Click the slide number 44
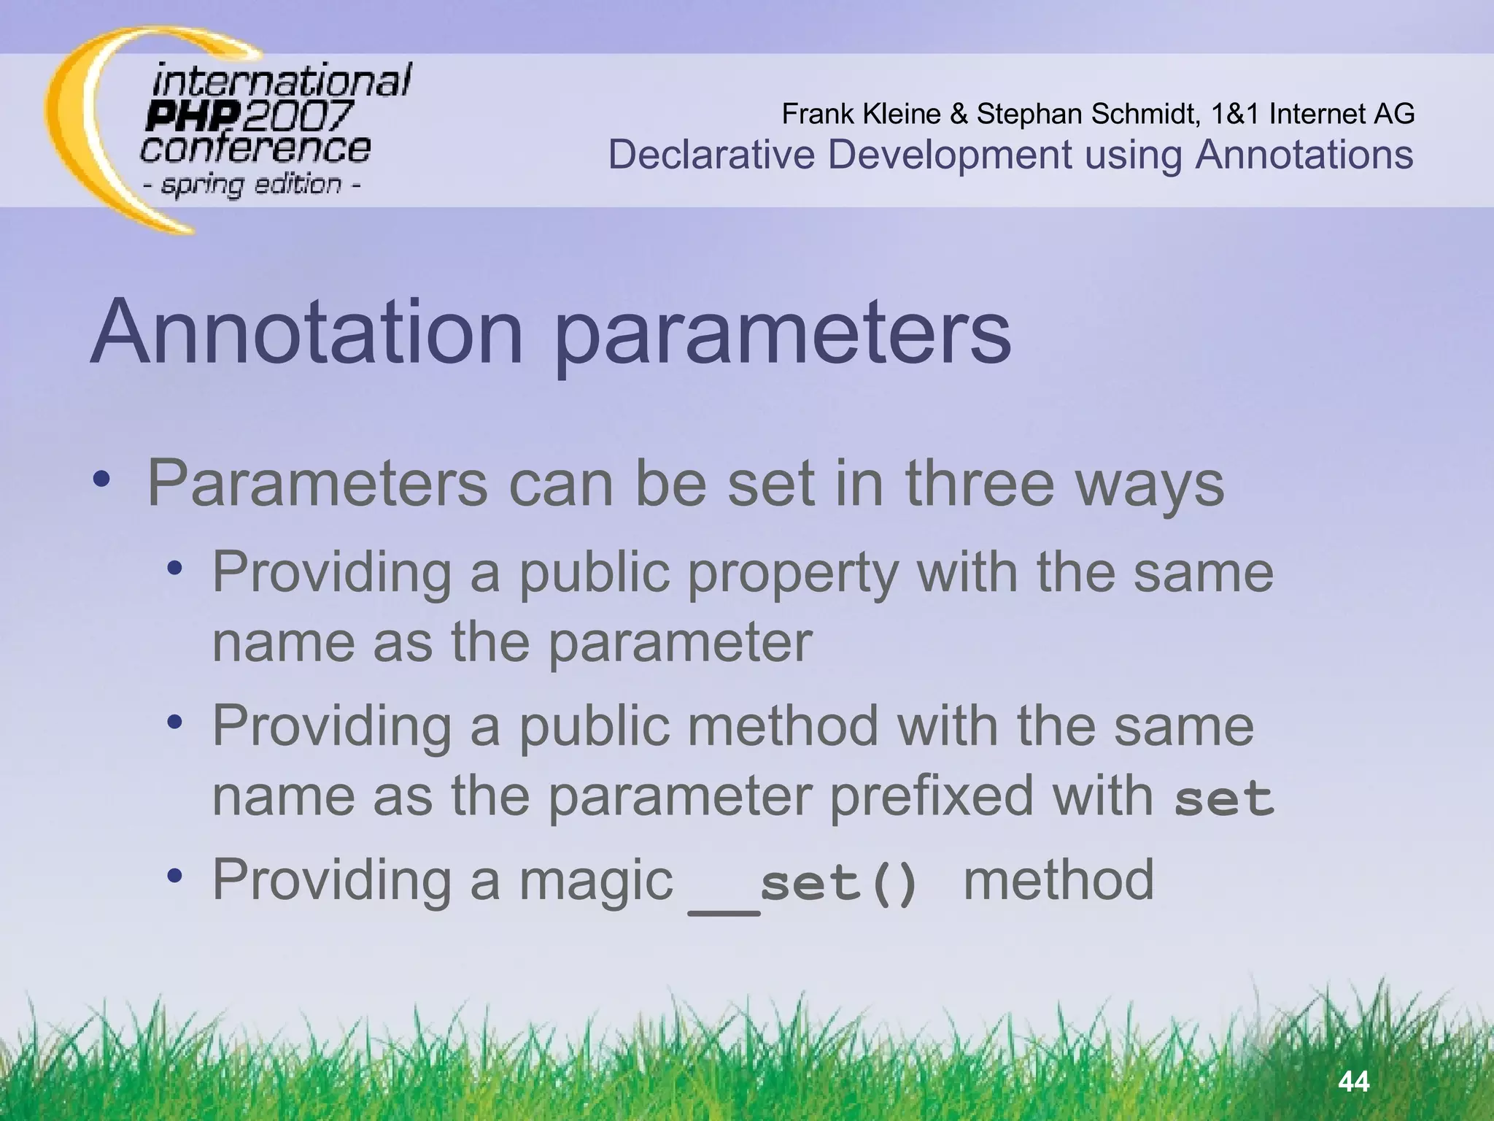click(1354, 1081)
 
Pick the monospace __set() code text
click(802, 885)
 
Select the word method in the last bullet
click(1058, 880)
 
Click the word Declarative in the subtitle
click(711, 155)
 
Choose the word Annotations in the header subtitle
click(1304, 155)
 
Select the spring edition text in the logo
click(252, 184)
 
